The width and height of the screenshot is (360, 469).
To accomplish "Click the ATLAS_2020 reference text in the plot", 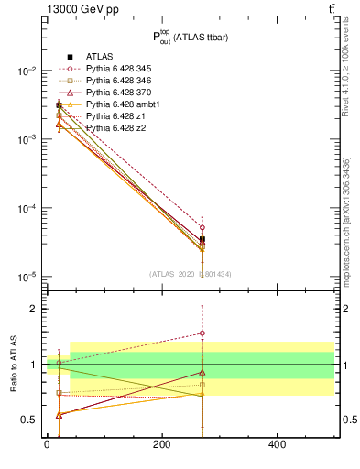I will [183, 274].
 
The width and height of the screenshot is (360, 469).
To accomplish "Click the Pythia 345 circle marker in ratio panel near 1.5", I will [202, 333].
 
